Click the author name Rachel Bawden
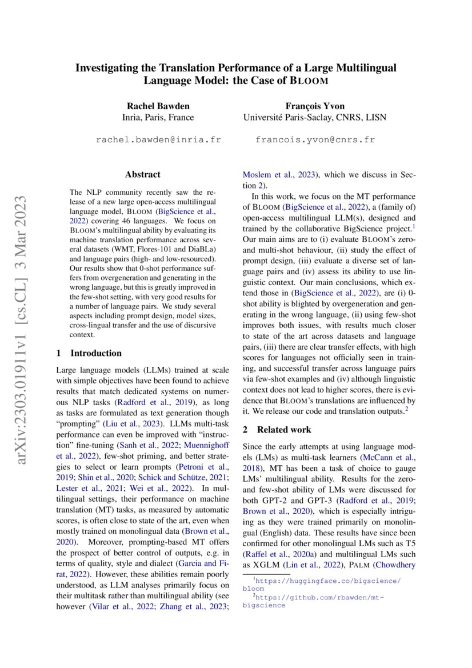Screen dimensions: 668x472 (158, 106)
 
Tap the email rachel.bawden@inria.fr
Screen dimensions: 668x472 (158, 139)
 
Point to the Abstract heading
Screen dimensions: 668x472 (143, 174)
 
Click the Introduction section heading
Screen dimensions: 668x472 (95, 353)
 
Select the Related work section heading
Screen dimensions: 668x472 (283, 429)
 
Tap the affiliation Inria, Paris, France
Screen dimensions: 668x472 (158, 118)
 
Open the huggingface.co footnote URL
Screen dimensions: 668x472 (322, 581)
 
